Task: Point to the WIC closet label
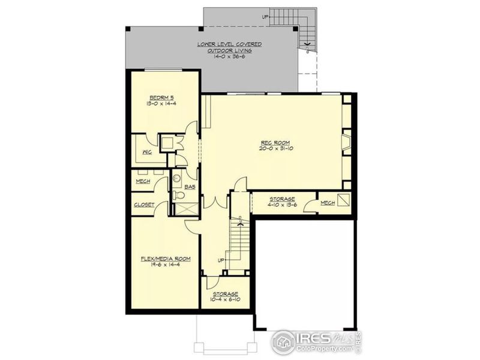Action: point(146,152)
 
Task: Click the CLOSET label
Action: point(144,205)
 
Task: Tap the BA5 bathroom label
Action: point(189,187)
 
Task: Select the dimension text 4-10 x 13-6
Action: point(281,206)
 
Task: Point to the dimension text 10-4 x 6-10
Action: point(224,299)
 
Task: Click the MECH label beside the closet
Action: point(143,181)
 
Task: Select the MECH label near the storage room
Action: point(327,203)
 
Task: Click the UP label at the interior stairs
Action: point(221,260)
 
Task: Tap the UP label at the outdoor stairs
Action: point(265,16)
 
